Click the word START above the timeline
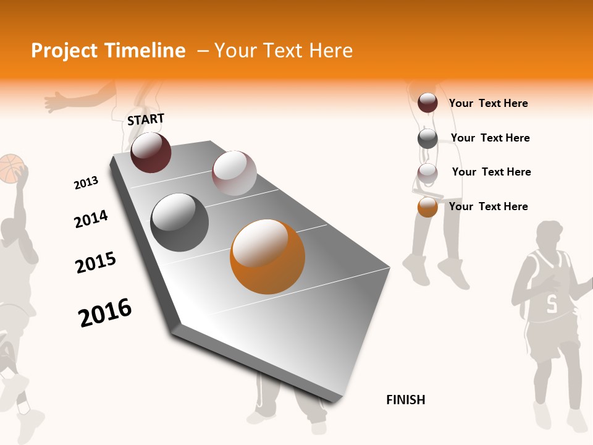pos(146,119)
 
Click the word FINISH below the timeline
pos(405,400)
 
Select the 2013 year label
pos(86,183)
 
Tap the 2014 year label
pos(91,219)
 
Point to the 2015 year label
pos(95,263)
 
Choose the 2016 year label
pos(105,312)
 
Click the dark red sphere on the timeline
pos(151,152)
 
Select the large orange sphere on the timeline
pos(267,256)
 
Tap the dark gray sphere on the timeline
pos(179,222)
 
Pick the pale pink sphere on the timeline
pos(234,173)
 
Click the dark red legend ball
pos(427,103)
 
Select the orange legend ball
pos(427,207)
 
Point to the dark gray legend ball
pos(427,138)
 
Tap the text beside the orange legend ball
pos(488,206)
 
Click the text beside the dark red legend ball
pos(488,103)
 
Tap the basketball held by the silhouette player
pos(11,168)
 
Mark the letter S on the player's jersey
pos(551,303)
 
